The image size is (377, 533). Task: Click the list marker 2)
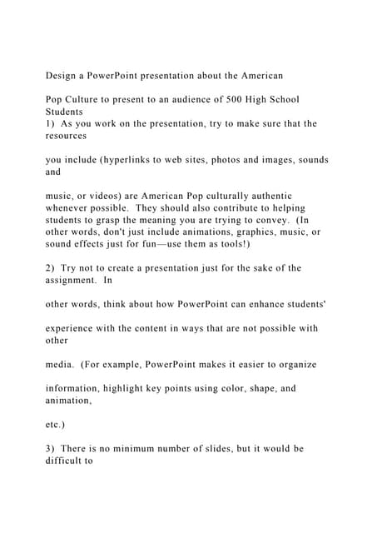click(52, 267)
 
